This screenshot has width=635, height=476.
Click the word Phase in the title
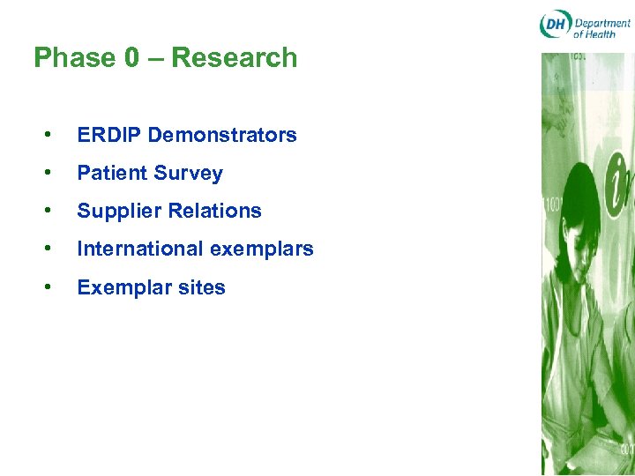(x=74, y=58)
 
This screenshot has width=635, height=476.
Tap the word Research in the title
(x=235, y=58)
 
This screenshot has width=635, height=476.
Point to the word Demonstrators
(x=222, y=135)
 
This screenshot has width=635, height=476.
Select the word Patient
(x=110, y=174)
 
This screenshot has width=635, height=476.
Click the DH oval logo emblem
(x=555, y=25)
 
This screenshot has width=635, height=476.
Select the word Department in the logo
(x=602, y=22)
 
